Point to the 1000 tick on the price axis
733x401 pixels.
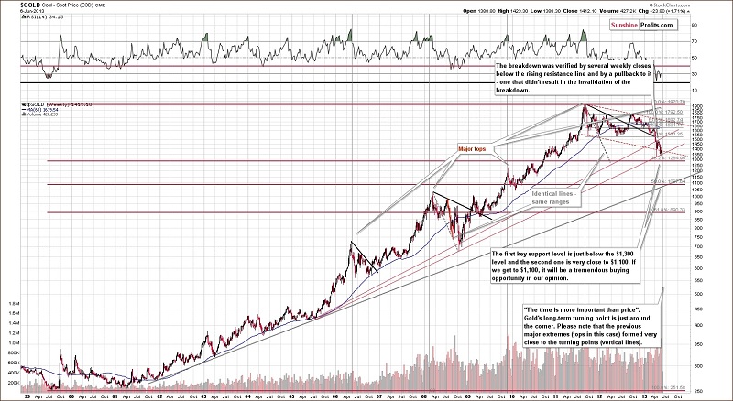click(699, 196)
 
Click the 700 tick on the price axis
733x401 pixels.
click(699, 245)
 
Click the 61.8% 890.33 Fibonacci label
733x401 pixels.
click(666, 211)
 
